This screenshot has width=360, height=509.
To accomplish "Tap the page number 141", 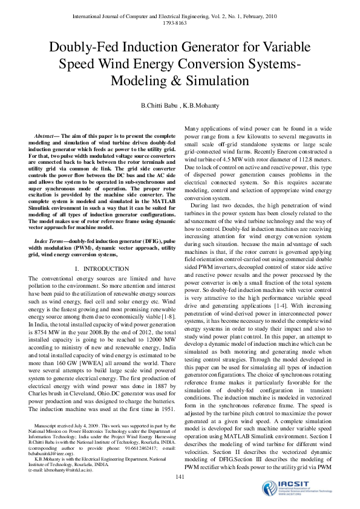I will click(x=180, y=478).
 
